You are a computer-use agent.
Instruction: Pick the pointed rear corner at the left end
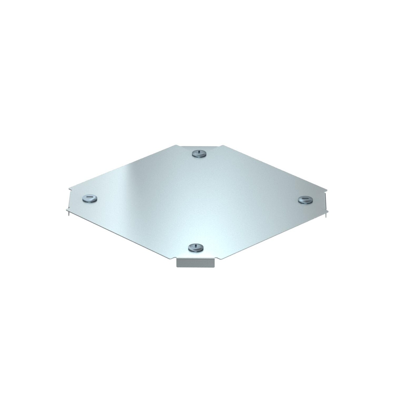coord(70,189)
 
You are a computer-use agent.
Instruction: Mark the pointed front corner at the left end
coord(67,209)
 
